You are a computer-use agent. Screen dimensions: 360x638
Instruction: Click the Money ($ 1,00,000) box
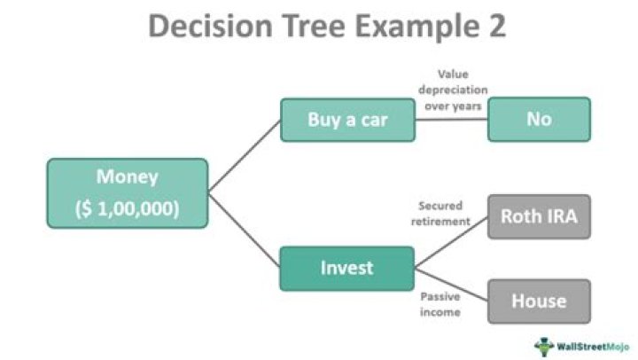click(x=128, y=192)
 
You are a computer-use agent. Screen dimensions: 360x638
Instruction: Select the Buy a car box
click(x=346, y=119)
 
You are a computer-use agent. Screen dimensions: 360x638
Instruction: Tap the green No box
click(x=538, y=119)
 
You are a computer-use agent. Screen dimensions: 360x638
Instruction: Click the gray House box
click(x=538, y=301)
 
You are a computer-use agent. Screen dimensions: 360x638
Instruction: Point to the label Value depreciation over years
click(x=452, y=89)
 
